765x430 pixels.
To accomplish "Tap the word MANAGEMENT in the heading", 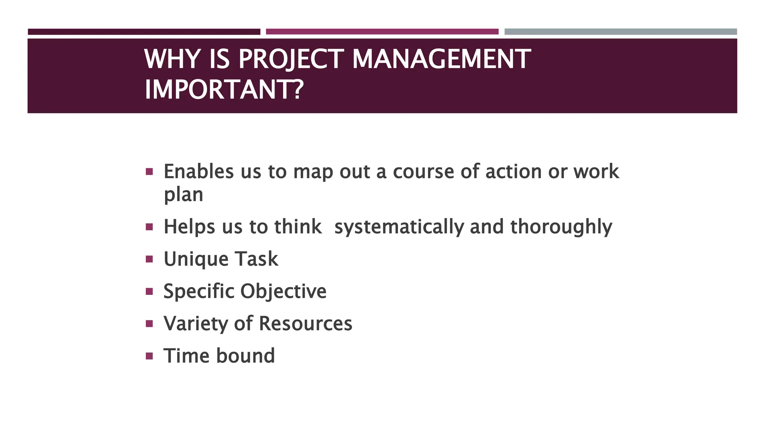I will pos(441,59).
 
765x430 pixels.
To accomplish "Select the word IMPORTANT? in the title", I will pos(224,90).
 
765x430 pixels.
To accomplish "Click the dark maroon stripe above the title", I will pos(144,32).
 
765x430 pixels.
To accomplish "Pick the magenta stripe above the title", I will pos(382,32).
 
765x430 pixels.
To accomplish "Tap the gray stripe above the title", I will pos(620,32).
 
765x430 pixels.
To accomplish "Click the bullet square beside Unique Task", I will pos(149,259).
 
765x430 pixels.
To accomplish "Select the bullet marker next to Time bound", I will pos(149,356).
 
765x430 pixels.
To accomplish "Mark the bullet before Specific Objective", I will pos(149,291).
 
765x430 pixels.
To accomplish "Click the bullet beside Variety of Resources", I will pos(149,323).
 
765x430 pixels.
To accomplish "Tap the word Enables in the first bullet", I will pos(199,172).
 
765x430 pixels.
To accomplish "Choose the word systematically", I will pos(399,227).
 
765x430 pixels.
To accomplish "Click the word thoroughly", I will pos(561,227).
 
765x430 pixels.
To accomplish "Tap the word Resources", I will pos(306,324).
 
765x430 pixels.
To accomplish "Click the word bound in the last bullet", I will pos(245,356).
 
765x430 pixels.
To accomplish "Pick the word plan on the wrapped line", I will pos(183,195).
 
